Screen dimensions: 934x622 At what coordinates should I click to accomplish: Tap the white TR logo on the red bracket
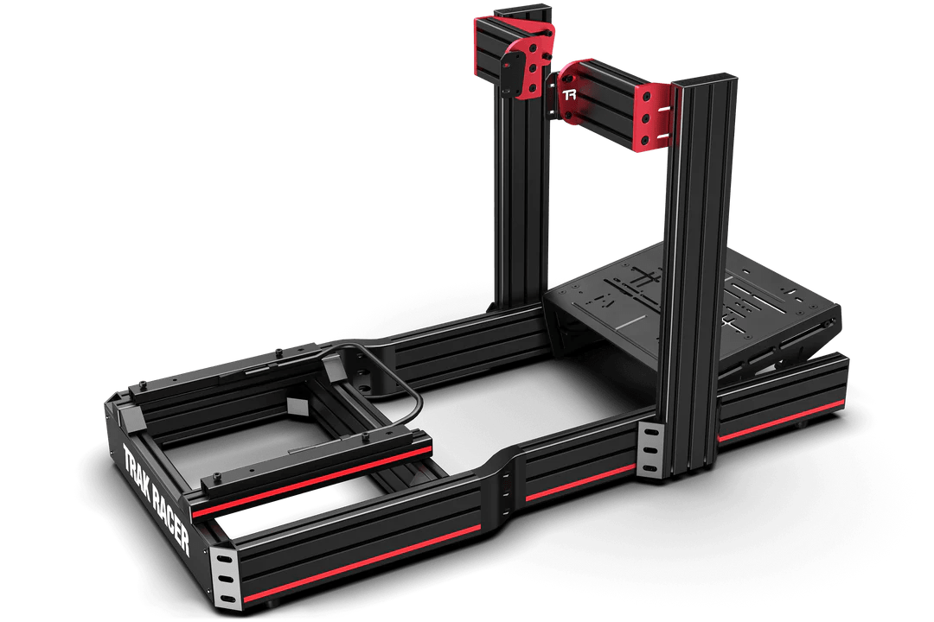(569, 94)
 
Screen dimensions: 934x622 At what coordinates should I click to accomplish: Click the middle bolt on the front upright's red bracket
(645, 118)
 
